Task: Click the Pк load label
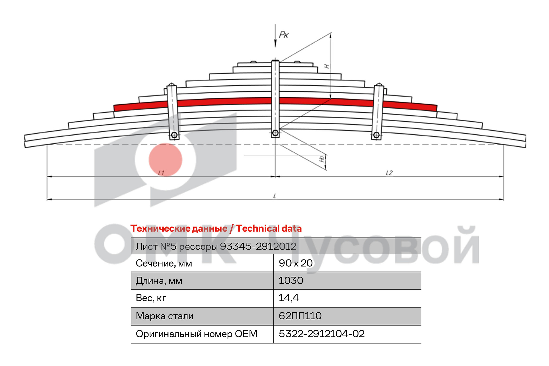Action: coord(284,35)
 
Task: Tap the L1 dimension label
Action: coord(161,173)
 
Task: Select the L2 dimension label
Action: coord(389,173)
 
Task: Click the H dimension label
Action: coord(326,66)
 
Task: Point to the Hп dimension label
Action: coord(322,159)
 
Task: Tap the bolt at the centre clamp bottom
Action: coord(275,133)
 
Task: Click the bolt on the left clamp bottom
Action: coord(174,135)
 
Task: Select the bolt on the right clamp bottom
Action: coord(376,135)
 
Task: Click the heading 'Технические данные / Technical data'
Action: coord(216,228)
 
